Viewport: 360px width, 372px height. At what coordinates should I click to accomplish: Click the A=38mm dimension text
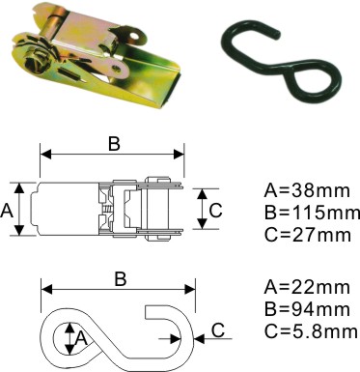click(x=307, y=190)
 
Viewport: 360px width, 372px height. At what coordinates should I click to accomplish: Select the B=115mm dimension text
click(x=312, y=213)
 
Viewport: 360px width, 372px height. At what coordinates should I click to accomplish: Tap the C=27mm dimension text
click(x=307, y=235)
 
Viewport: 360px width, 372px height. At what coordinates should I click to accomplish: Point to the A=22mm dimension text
click(x=307, y=287)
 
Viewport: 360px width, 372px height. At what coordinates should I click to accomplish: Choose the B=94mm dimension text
click(x=307, y=309)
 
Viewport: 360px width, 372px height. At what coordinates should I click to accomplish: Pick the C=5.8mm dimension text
click(x=311, y=331)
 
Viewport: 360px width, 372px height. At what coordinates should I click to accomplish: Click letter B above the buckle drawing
click(x=114, y=144)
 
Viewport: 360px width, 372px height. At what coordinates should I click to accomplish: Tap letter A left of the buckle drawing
click(x=7, y=212)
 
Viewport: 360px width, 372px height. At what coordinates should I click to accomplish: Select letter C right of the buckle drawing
click(x=215, y=211)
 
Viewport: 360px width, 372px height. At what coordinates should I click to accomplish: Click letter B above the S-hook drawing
click(x=121, y=279)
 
